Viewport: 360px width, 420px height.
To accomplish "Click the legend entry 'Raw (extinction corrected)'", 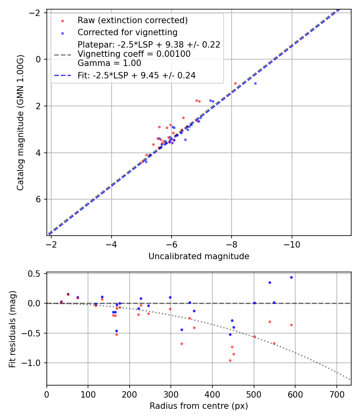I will [x=132, y=20].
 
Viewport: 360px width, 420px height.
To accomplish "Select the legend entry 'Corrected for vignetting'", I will [x=127, y=32].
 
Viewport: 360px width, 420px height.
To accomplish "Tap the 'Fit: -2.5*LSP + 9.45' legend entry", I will [x=136, y=75].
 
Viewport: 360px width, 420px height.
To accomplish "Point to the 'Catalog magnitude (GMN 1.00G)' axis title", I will [x=21, y=122].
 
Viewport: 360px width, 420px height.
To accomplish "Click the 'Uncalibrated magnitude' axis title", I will [x=199, y=256].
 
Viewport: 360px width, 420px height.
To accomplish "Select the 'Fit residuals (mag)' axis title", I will [x=12, y=329].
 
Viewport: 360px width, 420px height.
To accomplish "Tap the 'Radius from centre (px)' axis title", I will [x=199, y=406].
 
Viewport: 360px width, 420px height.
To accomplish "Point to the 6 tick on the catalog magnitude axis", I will [x=39, y=199].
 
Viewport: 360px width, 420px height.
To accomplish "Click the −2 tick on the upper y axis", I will [x=36, y=12].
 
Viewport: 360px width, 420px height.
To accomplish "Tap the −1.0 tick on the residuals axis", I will [x=35, y=363].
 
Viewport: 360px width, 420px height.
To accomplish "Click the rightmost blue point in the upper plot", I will [x=255, y=83].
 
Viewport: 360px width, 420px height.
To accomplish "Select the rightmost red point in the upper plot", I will [x=235, y=83].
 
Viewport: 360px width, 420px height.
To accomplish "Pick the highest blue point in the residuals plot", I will [x=291, y=277].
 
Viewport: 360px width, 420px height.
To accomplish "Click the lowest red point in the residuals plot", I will [x=230, y=360].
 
